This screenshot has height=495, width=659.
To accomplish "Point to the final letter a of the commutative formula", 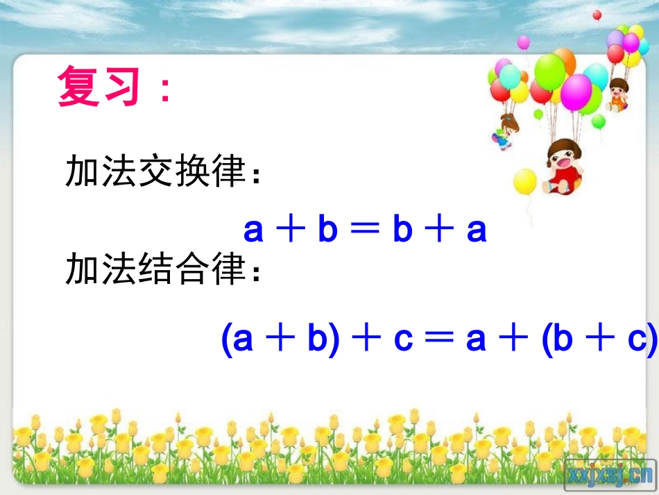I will tap(477, 230).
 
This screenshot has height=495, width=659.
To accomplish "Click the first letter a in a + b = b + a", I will tap(254, 230).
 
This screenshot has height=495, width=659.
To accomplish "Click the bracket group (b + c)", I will tap(599, 340).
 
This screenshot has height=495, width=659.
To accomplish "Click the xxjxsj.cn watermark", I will tap(610, 474).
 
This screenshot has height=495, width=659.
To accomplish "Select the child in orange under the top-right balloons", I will tap(617, 94).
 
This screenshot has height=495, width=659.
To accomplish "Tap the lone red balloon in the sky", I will tap(597, 15).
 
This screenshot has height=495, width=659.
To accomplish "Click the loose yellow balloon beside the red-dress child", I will tap(525, 182).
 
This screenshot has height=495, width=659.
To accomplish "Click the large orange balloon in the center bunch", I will tap(563, 61).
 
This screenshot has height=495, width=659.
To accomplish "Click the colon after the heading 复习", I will tap(164, 91).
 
